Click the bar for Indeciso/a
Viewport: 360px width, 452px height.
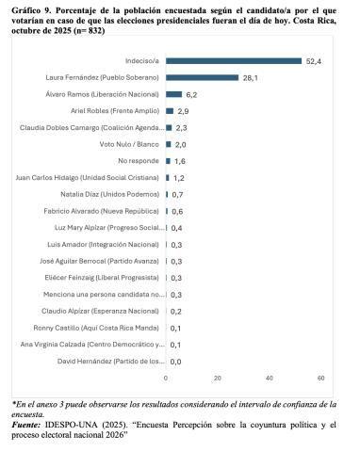[x=234, y=61]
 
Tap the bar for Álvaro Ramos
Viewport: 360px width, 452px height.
[x=173, y=94]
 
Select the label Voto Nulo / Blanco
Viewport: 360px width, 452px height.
[x=129, y=144]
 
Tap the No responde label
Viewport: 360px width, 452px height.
[x=137, y=161]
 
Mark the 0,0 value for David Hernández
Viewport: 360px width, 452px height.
[x=175, y=362]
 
